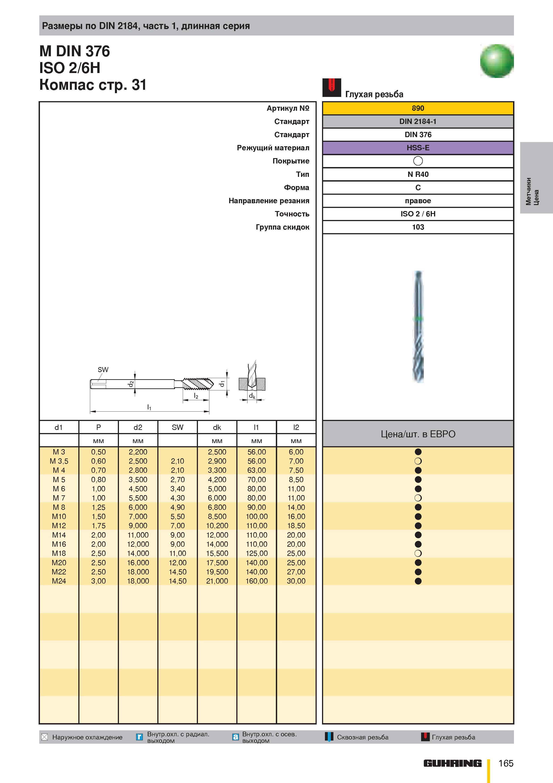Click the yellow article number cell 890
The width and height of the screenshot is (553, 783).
pyautogui.click(x=418, y=108)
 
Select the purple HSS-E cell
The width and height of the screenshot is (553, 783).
pyautogui.click(x=418, y=148)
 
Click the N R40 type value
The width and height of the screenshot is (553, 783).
pyautogui.click(x=418, y=174)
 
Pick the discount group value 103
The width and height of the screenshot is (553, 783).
pyautogui.click(x=418, y=227)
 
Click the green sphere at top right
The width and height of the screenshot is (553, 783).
pyautogui.click(x=497, y=61)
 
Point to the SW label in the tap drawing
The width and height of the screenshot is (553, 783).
pyautogui.click(x=103, y=370)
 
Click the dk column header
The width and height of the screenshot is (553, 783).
pyautogui.click(x=217, y=427)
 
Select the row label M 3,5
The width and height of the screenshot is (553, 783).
pyautogui.click(x=59, y=461)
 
